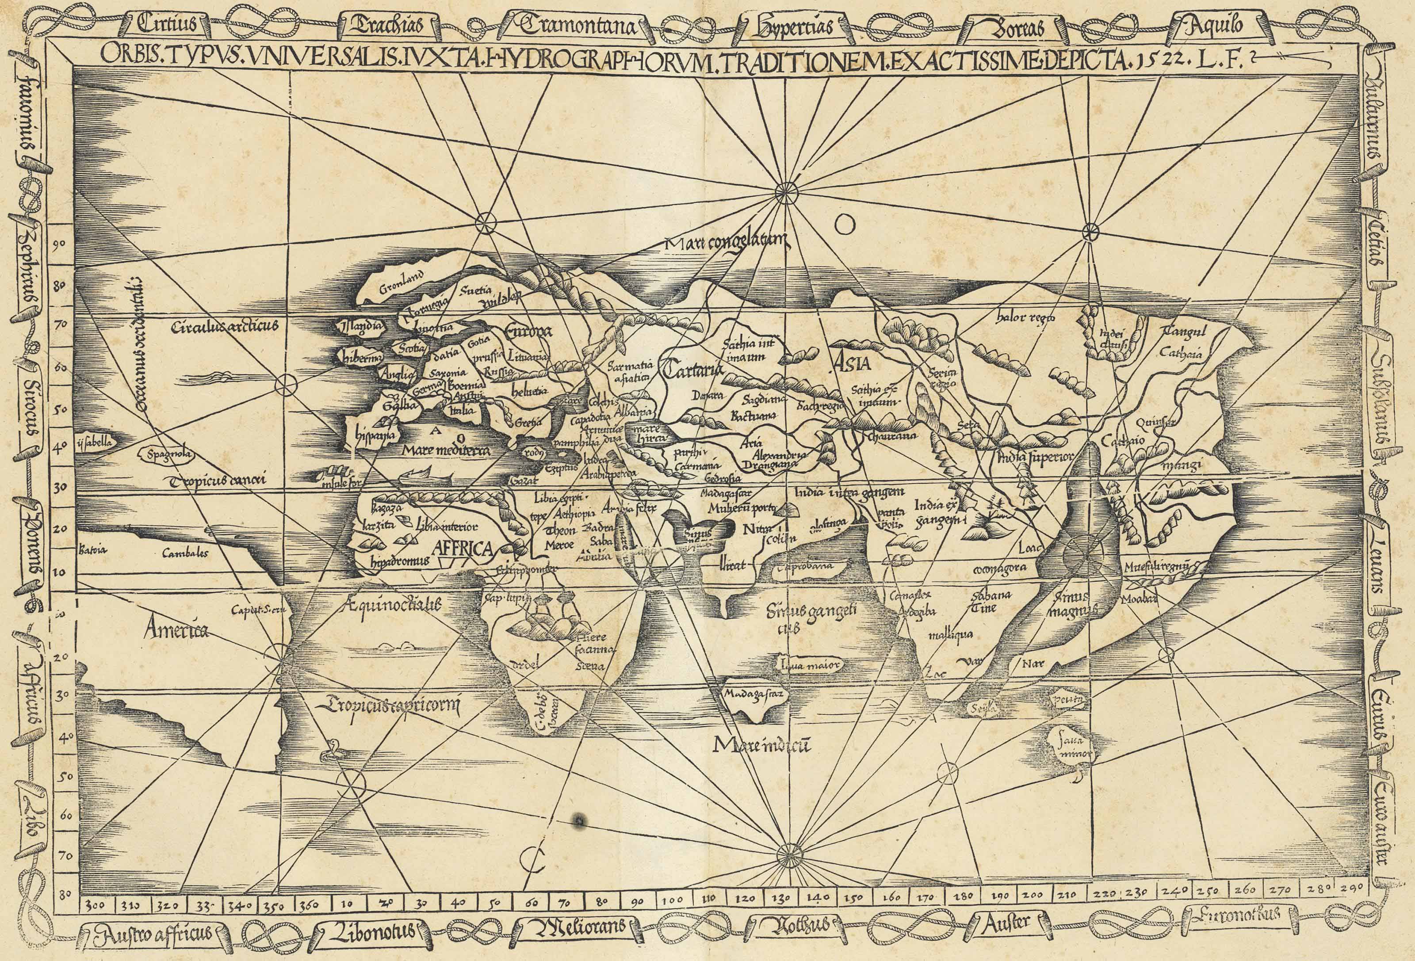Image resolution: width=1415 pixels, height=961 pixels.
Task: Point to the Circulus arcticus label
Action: click(x=225, y=327)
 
